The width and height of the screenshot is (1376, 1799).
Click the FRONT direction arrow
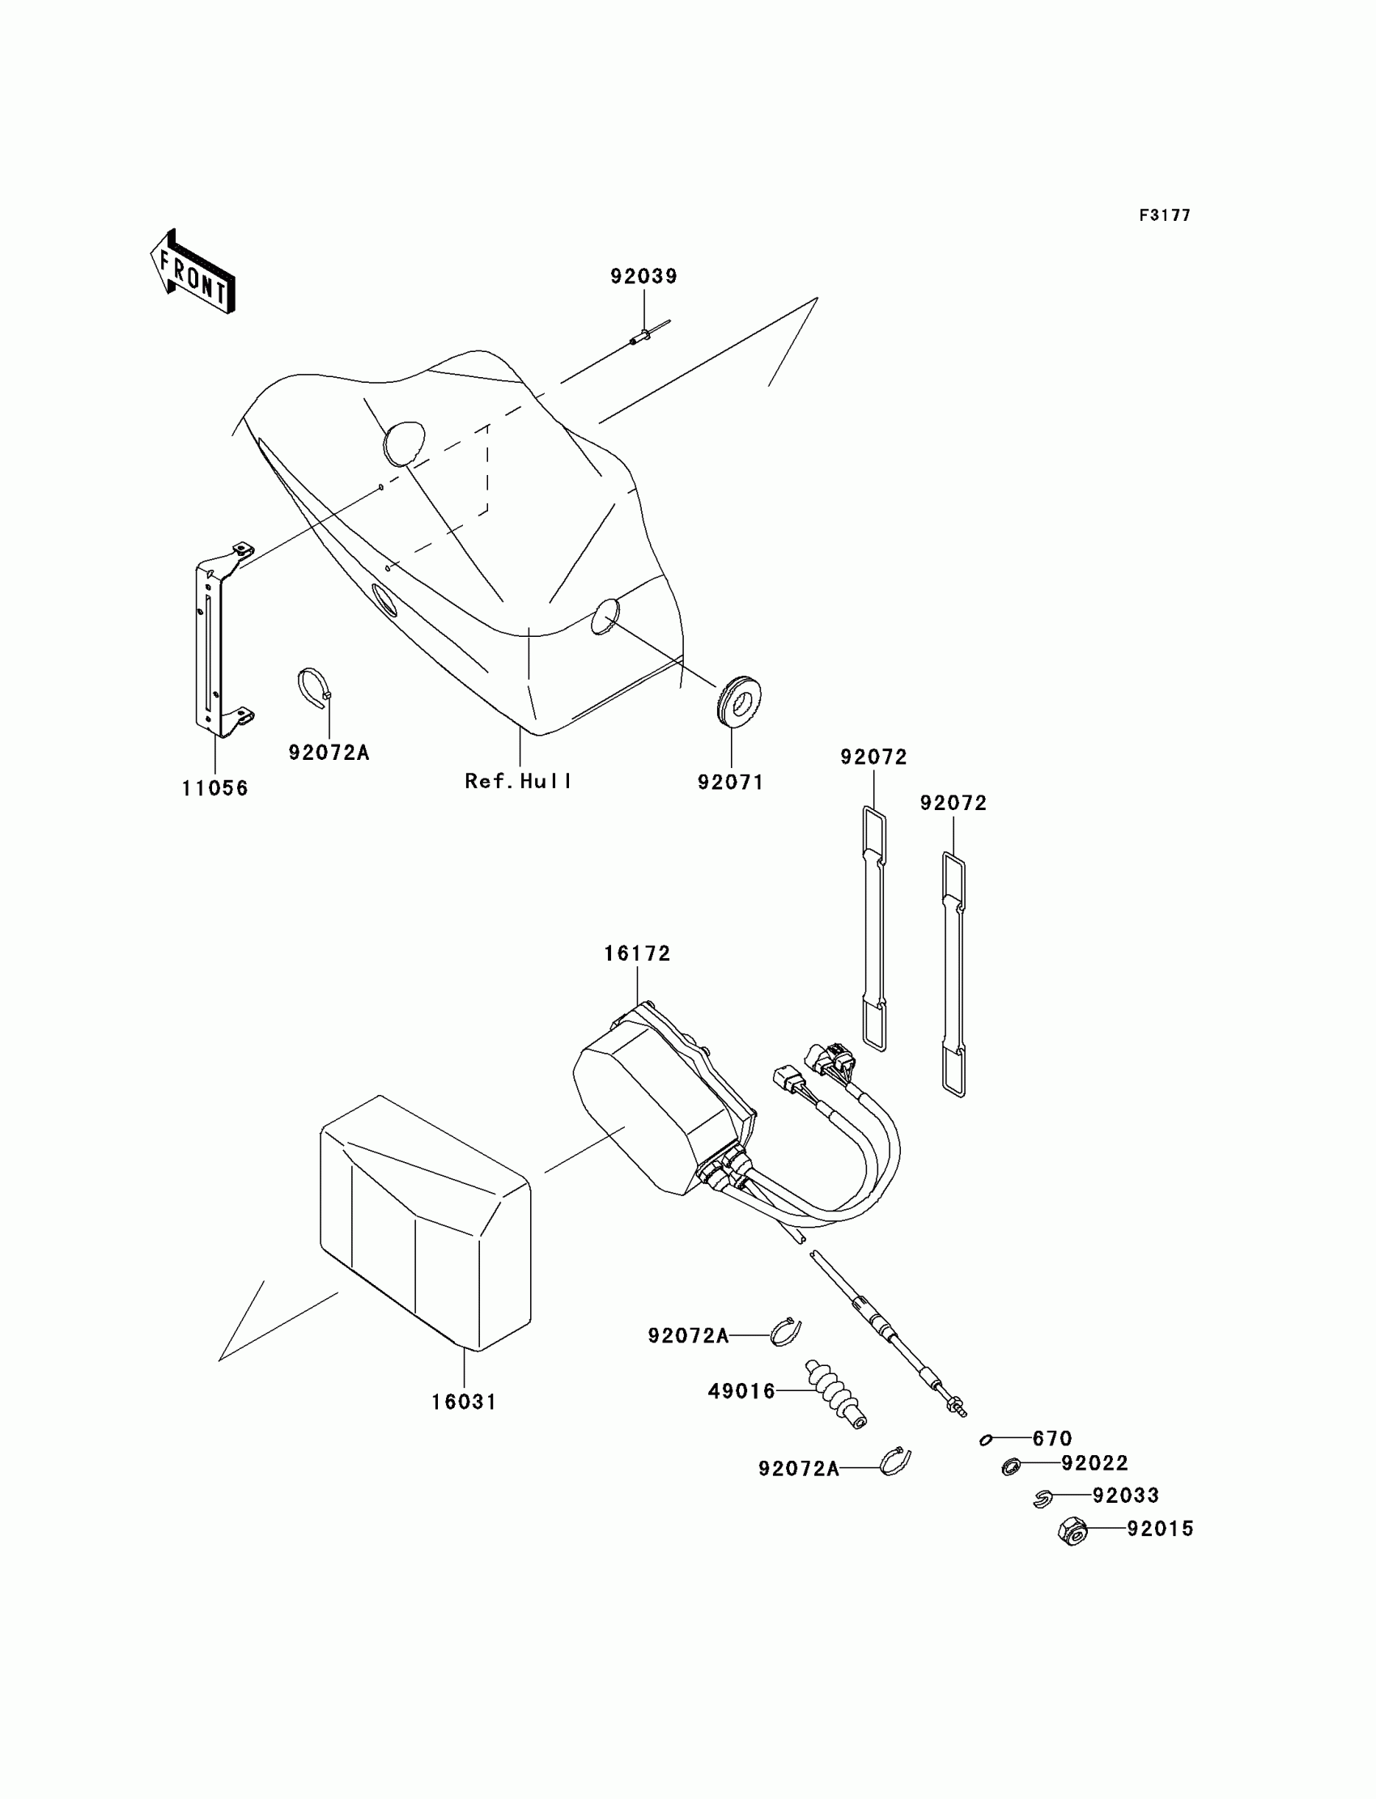click(x=193, y=273)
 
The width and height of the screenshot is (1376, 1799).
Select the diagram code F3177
click(x=1164, y=215)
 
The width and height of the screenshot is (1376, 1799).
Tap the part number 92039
click(x=643, y=277)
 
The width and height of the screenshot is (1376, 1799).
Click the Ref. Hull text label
click(x=519, y=781)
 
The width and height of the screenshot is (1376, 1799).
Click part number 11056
click(x=214, y=788)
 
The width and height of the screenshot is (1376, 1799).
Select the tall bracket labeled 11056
click(x=215, y=639)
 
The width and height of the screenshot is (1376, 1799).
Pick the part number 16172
click(x=637, y=954)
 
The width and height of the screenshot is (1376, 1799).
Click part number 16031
click(x=464, y=1402)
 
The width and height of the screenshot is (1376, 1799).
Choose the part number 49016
click(x=741, y=1391)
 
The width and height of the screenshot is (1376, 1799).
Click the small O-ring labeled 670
click(x=986, y=1440)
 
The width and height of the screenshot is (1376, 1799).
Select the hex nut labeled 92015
click(x=1072, y=1530)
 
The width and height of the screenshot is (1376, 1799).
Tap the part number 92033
click(x=1125, y=1496)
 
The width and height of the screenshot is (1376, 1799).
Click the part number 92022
click(x=1094, y=1463)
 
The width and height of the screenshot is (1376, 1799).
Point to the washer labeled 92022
click(x=1011, y=1466)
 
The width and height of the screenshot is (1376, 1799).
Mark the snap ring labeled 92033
click(x=1042, y=1499)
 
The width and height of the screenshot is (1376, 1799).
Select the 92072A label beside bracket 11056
click(x=329, y=753)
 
